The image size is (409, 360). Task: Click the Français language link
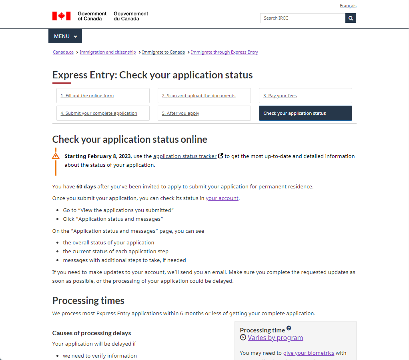pyautogui.click(x=348, y=6)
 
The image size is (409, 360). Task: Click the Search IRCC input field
pyautogui.click(x=303, y=18)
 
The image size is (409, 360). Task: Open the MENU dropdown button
pyautogui.click(x=65, y=36)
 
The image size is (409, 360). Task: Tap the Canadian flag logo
pyautogui.click(x=61, y=16)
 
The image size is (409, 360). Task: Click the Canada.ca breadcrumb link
pyautogui.click(x=63, y=52)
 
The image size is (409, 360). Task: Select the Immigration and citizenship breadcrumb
pyautogui.click(x=108, y=52)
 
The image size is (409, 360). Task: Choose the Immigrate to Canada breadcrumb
pyautogui.click(x=163, y=52)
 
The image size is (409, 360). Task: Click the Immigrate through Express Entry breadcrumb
pyautogui.click(x=225, y=52)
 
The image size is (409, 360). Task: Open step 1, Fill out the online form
pyautogui.click(x=87, y=96)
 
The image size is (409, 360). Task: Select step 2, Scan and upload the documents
pyautogui.click(x=198, y=96)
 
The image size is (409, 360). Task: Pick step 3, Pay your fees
pyautogui.click(x=280, y=96)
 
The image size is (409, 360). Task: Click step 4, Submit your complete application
pyautogui.click(x=99, y=114)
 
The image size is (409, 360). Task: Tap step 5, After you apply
pyautogui.click(x=180, y=114)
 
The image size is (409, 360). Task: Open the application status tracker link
pyautogui.click(x=185, y=156)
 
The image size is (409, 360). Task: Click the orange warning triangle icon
pyautogui.click(x=56, y=156)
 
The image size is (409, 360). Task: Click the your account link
pyautogui.click(x=222, y=198)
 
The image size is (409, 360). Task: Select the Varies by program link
pyautogui.click(x=275, y=338)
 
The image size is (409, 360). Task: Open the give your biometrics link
pyautogui.click(x=309, y=353)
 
